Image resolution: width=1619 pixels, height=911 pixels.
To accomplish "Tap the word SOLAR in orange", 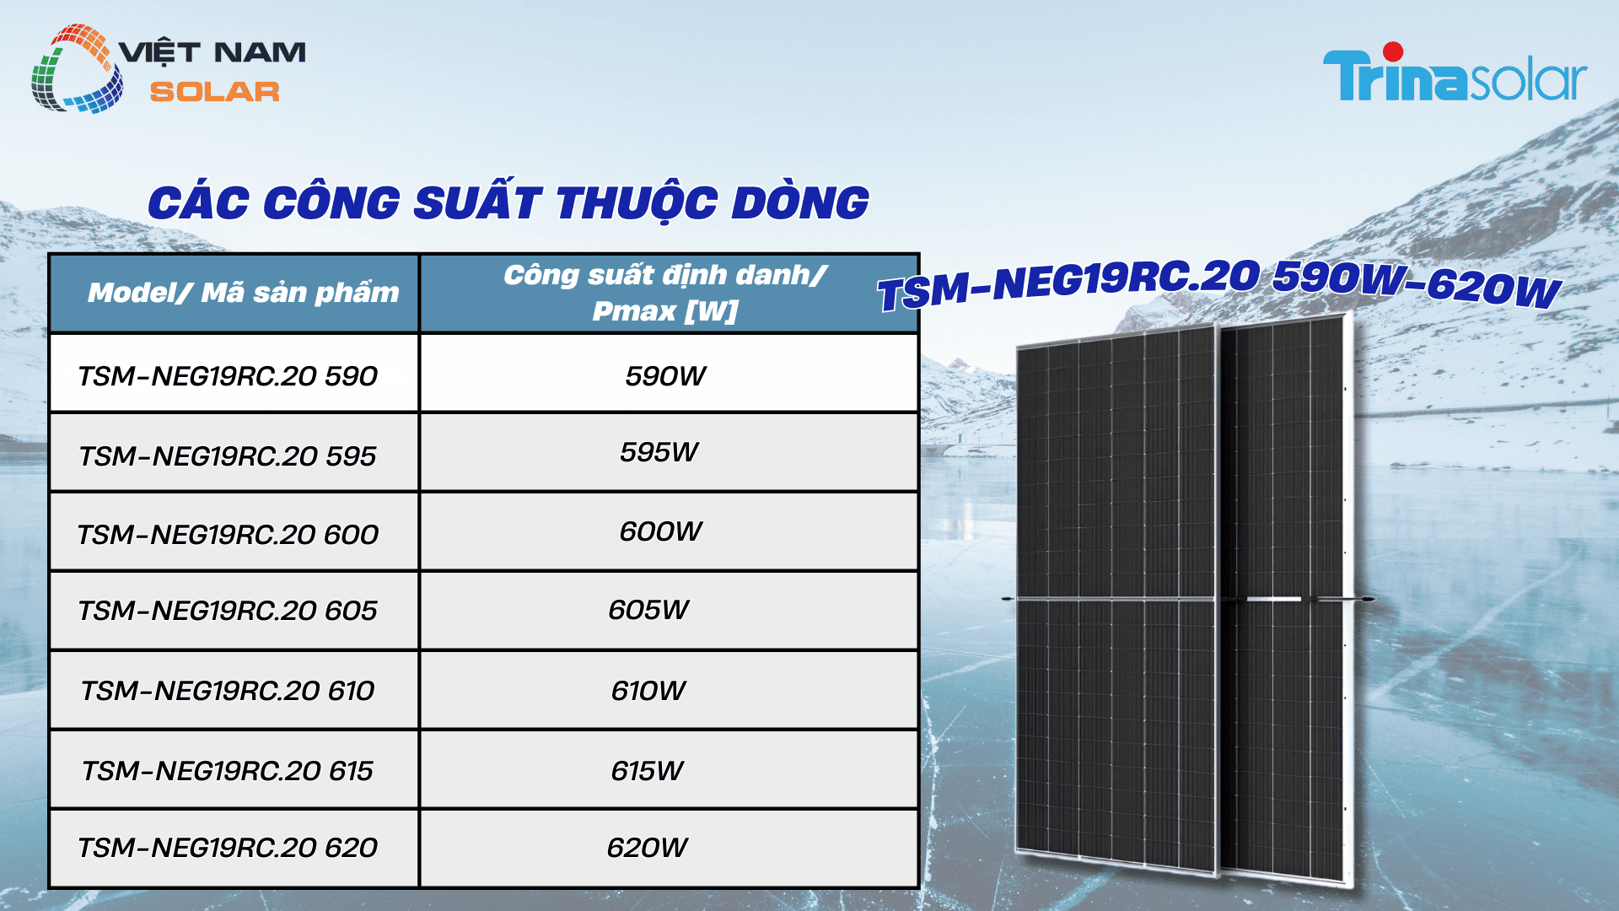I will click(214, 92).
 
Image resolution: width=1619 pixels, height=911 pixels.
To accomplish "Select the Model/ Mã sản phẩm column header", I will click(243, 293).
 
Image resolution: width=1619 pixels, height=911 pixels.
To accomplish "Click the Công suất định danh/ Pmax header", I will click(665, 293).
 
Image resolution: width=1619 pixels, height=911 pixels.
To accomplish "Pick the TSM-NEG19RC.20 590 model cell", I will click(228, 375).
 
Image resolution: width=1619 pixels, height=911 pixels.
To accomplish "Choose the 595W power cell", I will click(659, 452).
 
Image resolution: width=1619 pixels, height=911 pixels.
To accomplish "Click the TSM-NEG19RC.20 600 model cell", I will click(228, 534).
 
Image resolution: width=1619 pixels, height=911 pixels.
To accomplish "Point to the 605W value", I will click(648, 609).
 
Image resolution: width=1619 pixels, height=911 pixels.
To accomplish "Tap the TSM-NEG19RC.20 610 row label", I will click(228, 691).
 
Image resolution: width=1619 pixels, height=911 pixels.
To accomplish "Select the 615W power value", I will click(648, 770).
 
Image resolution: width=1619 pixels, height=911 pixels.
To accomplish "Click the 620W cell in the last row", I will click(648, 848).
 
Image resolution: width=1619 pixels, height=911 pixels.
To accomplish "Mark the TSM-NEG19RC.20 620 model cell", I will click(228, 848).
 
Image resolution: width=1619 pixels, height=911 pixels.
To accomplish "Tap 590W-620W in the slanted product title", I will click(1417, 283).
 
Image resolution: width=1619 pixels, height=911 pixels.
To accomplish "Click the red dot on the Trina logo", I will click(1393, 52).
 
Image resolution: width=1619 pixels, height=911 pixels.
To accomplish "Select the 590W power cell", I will click(665, 375).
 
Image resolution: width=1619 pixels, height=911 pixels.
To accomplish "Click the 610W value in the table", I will click(648, 691).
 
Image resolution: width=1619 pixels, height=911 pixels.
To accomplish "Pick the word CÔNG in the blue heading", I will click(331, 203).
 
